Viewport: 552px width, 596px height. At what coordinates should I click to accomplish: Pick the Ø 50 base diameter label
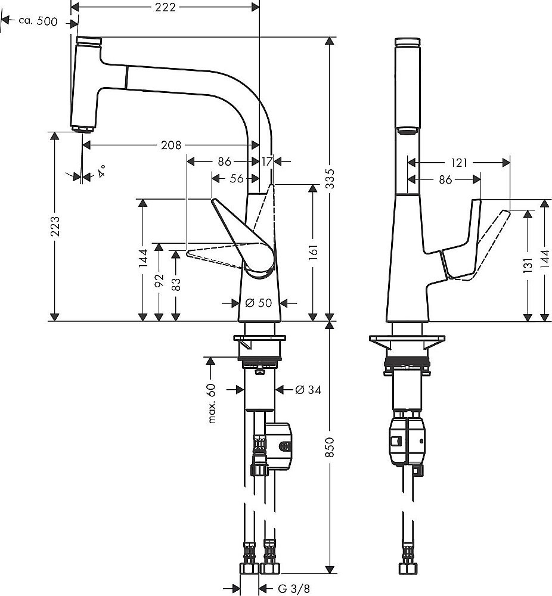pyautogui.click(x=258, y=303)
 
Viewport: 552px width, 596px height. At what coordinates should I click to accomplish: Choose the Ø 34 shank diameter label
pyautogui.click(x=308, y=390)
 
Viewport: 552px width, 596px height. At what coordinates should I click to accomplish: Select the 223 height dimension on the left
pyautogui.click(x=55, y=226)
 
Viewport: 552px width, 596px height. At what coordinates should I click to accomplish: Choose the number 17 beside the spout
pyautogui.click(x=266, y=161)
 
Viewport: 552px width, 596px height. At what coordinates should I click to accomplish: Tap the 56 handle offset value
pyautogui.click(x=236, y=178)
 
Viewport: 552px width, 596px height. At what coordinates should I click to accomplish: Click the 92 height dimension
pyautogui.click(x=159, y=281)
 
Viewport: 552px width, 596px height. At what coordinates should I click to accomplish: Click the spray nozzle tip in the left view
pyautogui.click(x=82, y=129)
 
